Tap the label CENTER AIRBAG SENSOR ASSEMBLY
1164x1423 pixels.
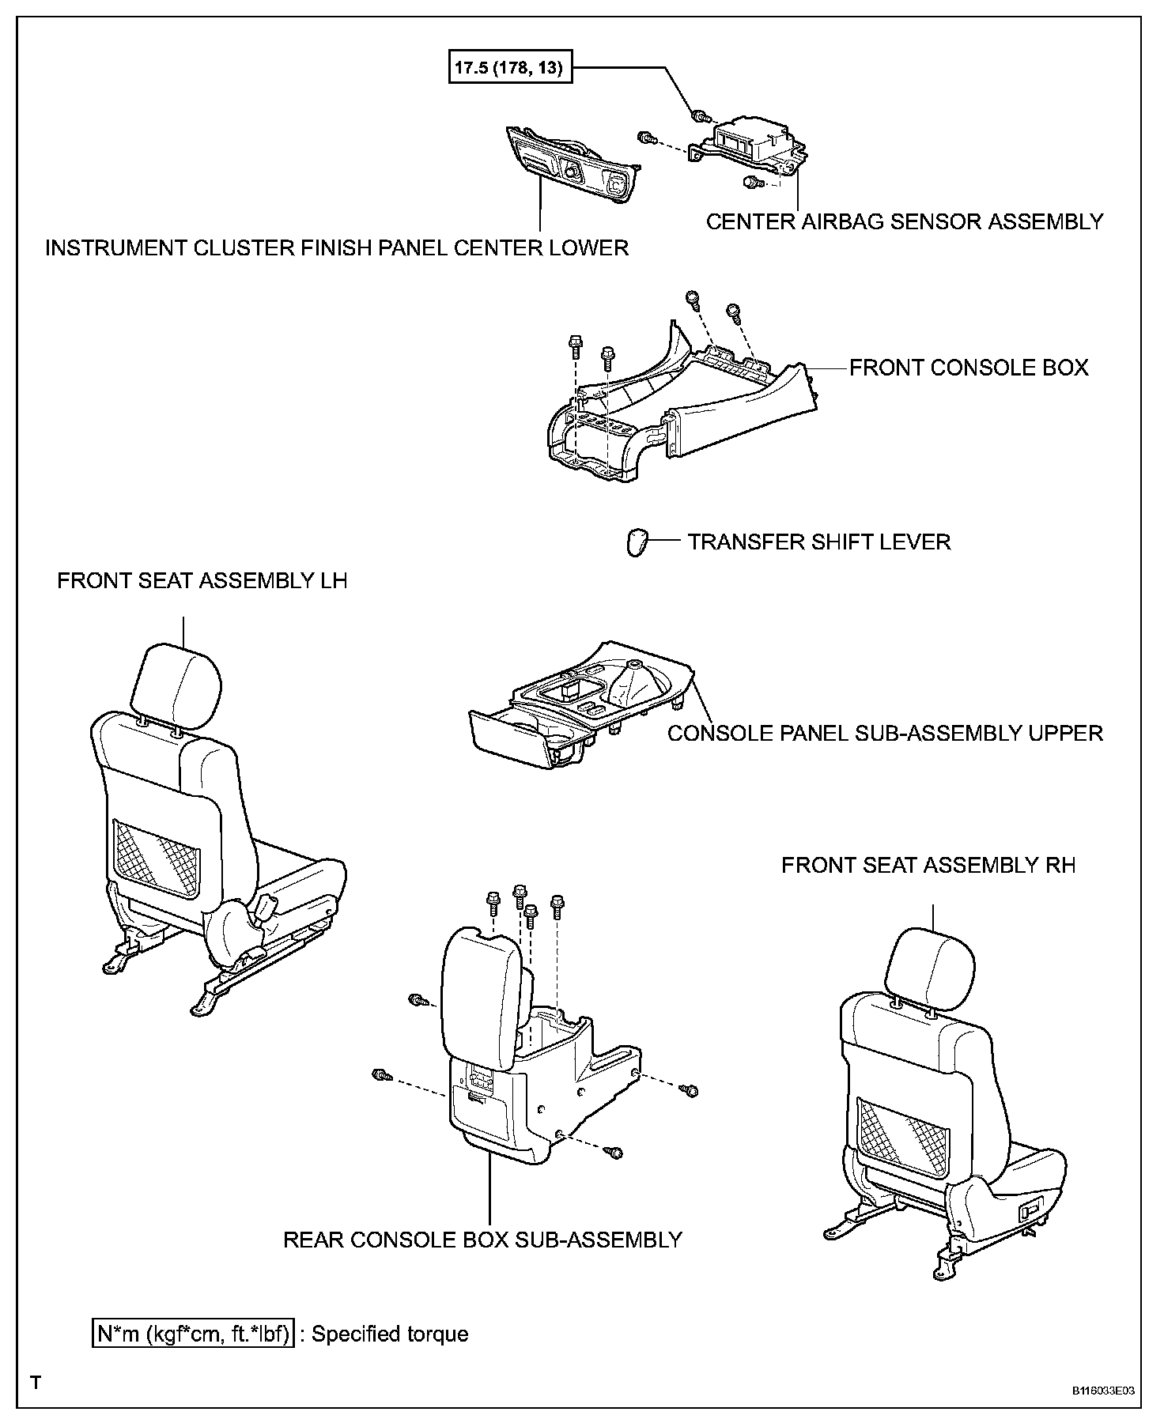(904, 221)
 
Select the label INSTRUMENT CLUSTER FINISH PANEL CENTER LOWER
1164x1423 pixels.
(337, 248)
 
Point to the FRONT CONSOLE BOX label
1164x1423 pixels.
(969, 368)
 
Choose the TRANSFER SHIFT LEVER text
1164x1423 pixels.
(818, 542)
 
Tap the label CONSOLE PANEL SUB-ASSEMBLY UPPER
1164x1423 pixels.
(885, 733)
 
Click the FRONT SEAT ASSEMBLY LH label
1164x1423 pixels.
(202, 581)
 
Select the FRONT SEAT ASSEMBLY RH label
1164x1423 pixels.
(928, 865)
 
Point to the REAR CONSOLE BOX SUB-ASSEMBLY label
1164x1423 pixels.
(482, 1240)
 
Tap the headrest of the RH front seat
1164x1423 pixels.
(929, 973)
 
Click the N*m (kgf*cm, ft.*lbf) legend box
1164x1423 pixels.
(194, 1334)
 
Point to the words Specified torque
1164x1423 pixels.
(390, 1334)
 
